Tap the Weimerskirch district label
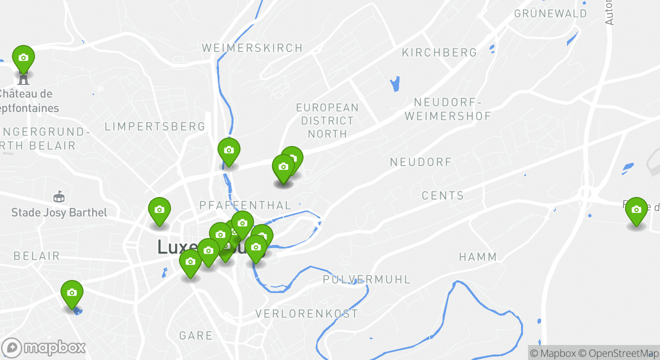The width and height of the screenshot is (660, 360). coord(252,48)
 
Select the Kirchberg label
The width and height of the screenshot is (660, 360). coord(439,52)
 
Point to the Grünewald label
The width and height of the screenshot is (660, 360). coord(550,13)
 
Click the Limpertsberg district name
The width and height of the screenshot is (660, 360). coord(155,126)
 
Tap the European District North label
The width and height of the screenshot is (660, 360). coord(327,120)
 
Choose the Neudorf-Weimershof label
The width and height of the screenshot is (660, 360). coord(448,109)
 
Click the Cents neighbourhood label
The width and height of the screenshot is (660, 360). coord(442,195)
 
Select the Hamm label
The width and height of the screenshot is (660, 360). coord(478,257)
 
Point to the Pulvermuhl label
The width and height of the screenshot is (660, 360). coord(366,279)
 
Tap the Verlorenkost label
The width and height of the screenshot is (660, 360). coord(306,314)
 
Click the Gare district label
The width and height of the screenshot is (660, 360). coord(195,335)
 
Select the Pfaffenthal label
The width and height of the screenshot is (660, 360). coord(245,205)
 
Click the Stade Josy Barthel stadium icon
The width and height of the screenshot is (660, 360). coord(59,196)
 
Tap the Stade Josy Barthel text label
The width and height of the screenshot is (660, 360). coord(59,212)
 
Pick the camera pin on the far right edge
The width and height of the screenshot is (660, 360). coord(636,210)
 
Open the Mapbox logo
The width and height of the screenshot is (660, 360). coord(44,347)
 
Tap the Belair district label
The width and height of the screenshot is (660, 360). coord(36,256)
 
